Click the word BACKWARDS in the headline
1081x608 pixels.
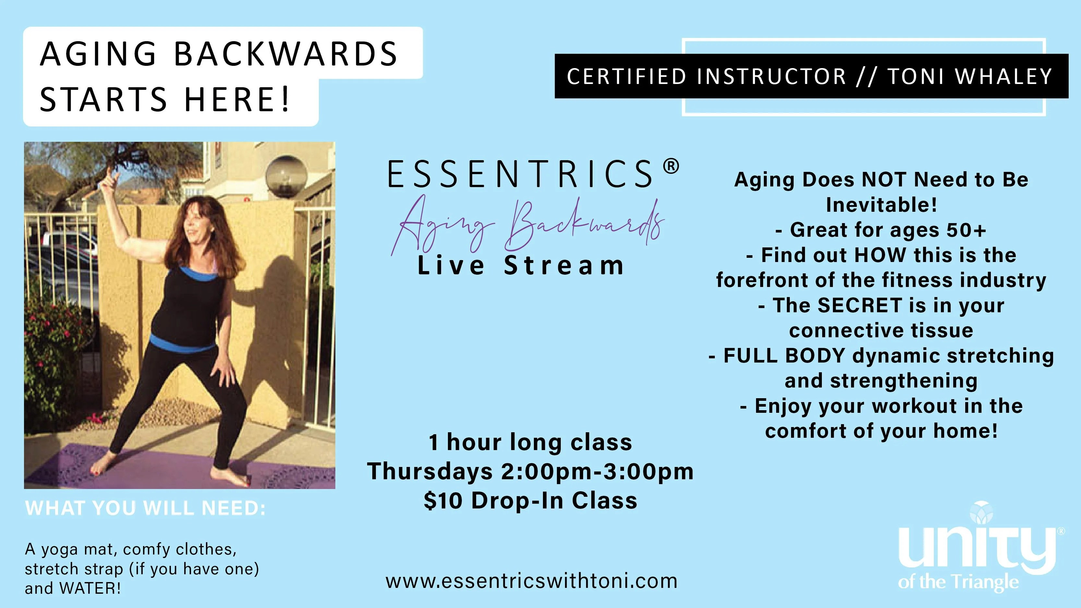click(285, 54)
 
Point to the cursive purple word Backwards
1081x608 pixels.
click(585, 224)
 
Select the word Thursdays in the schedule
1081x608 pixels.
click(430, 471)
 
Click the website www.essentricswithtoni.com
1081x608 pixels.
click(531, 581)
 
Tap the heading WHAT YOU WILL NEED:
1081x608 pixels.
click(145, 508)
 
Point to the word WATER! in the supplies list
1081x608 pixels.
click(90, 588)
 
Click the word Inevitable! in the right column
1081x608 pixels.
click(881, 205)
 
